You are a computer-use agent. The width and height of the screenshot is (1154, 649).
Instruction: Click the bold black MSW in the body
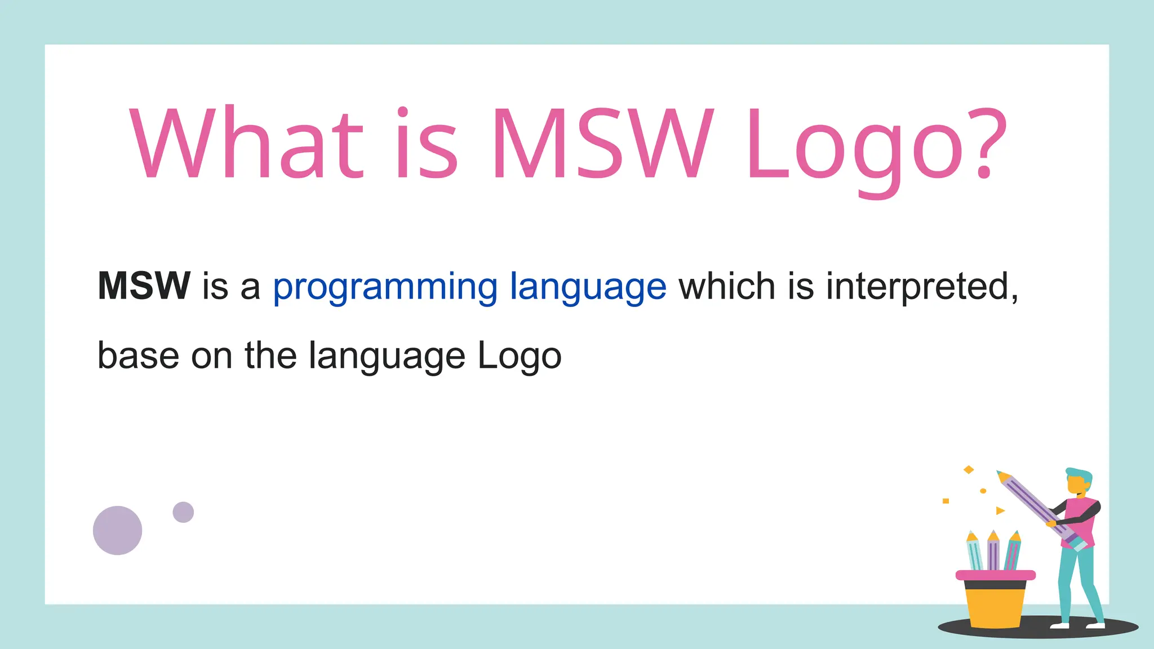tap(144, 286)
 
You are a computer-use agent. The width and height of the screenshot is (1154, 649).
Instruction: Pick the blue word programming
tap(385, 287)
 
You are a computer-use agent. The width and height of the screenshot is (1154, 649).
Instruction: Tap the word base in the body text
tap(138, 355)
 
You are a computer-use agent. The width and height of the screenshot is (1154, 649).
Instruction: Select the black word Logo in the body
tap(519, 357)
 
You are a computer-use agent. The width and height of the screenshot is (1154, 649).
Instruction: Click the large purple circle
tap(117, 530)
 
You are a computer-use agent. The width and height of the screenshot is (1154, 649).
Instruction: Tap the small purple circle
tap(183, 512)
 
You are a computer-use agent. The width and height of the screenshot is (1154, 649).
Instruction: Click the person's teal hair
tap(1079, 474)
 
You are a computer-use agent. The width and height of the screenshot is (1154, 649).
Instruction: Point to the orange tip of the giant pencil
tap(1002, 476)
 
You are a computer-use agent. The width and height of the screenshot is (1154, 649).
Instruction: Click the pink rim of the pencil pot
tap(995, 575)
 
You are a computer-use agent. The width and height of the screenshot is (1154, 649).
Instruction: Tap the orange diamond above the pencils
tap(969, 469)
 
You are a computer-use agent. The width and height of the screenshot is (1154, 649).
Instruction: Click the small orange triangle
tap(1000, 510)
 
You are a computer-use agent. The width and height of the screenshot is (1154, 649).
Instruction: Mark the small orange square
tap(946, 501)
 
